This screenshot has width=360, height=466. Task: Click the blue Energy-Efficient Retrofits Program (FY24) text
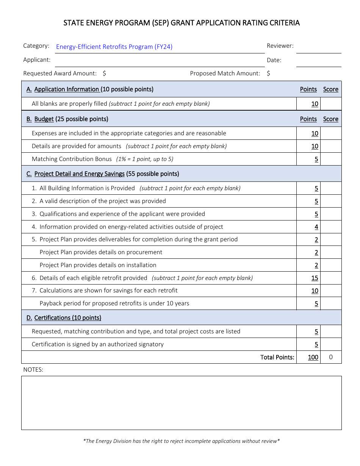(x=114, y=47)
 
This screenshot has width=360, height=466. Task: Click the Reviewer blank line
(x=318, y=48)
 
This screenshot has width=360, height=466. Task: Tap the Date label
(x=274, y=60)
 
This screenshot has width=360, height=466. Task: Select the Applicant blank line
(x=159, y=63)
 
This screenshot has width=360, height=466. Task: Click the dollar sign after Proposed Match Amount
(x=268, y=73)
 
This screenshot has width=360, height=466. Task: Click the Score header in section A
(x=330, y=89)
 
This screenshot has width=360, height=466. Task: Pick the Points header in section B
(x=308, y=119)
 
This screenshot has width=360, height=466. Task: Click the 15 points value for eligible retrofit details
(x=315, y=278)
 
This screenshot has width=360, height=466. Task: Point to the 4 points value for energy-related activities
(x=316, y=227)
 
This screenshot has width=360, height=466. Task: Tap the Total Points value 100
(x=313, y=357)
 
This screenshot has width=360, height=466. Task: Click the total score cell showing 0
(x=331, y=357)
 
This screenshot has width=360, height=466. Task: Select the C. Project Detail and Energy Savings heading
(x=103, y=174)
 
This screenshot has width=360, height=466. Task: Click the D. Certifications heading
(x=64, y=318)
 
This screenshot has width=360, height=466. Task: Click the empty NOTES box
(x=181, y=403)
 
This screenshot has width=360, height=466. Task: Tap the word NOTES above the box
(x=33, y=370)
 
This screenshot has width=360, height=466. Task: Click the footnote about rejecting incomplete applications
(x=181, y=441)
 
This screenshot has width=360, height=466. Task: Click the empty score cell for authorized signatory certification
(x=331, y=344)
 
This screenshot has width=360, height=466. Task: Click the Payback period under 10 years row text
(x=114, y=303)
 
